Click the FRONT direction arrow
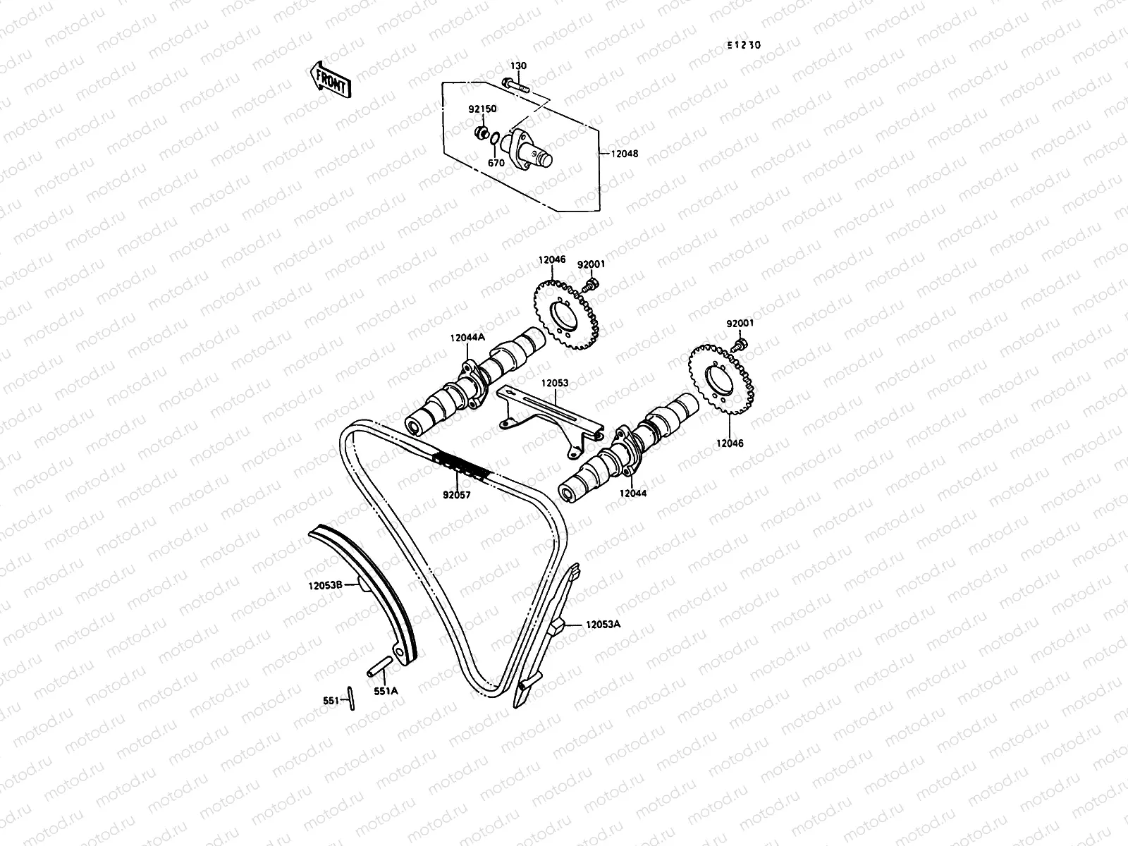(329, 78)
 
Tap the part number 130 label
(518, 66)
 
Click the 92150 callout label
(482, 110)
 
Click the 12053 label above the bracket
(555, 384)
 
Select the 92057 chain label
(456, 496)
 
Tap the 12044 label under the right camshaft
(632, 494)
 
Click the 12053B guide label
(325, 584)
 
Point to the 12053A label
(603, 624)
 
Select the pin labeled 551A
(378, 666)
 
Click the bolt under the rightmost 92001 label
(740, 345)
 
